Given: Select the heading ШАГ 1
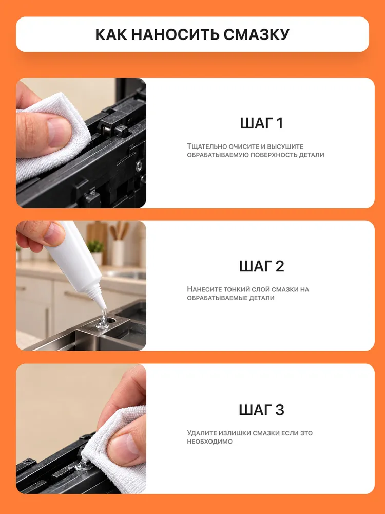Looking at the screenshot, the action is tap(261, 123).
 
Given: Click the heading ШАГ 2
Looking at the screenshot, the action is tap(261, 266).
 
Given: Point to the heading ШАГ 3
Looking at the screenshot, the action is tap(261, 410).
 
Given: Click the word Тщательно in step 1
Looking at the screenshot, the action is tap(203, 146).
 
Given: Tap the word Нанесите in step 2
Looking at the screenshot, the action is tap(203, 289).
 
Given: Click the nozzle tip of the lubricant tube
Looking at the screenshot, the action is tap(104, 307).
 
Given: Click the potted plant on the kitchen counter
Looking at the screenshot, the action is tap(96, 252).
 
